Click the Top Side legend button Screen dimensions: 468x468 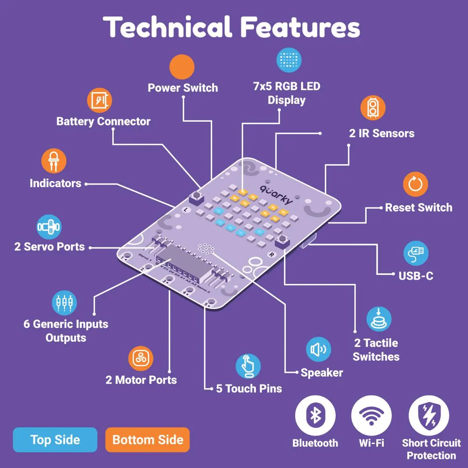55,440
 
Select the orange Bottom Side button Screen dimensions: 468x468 147,440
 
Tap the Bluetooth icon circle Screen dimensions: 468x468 315,415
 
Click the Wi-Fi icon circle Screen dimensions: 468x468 371,415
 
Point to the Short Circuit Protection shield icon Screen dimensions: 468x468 429,415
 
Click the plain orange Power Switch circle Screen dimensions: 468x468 182,67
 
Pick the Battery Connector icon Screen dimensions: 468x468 99,100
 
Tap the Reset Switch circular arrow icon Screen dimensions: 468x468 415,184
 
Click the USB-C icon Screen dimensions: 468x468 416,253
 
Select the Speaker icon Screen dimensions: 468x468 318,349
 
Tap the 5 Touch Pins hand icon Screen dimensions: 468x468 248,366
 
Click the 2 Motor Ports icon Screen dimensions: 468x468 141,358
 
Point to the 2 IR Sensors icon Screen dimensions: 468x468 373,108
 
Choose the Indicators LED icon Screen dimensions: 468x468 54,161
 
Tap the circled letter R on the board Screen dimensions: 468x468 271,255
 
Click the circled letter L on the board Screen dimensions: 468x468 186,209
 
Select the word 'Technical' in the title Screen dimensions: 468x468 167,27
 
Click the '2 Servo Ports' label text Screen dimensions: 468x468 50,247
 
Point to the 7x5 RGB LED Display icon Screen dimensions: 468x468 289,60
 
